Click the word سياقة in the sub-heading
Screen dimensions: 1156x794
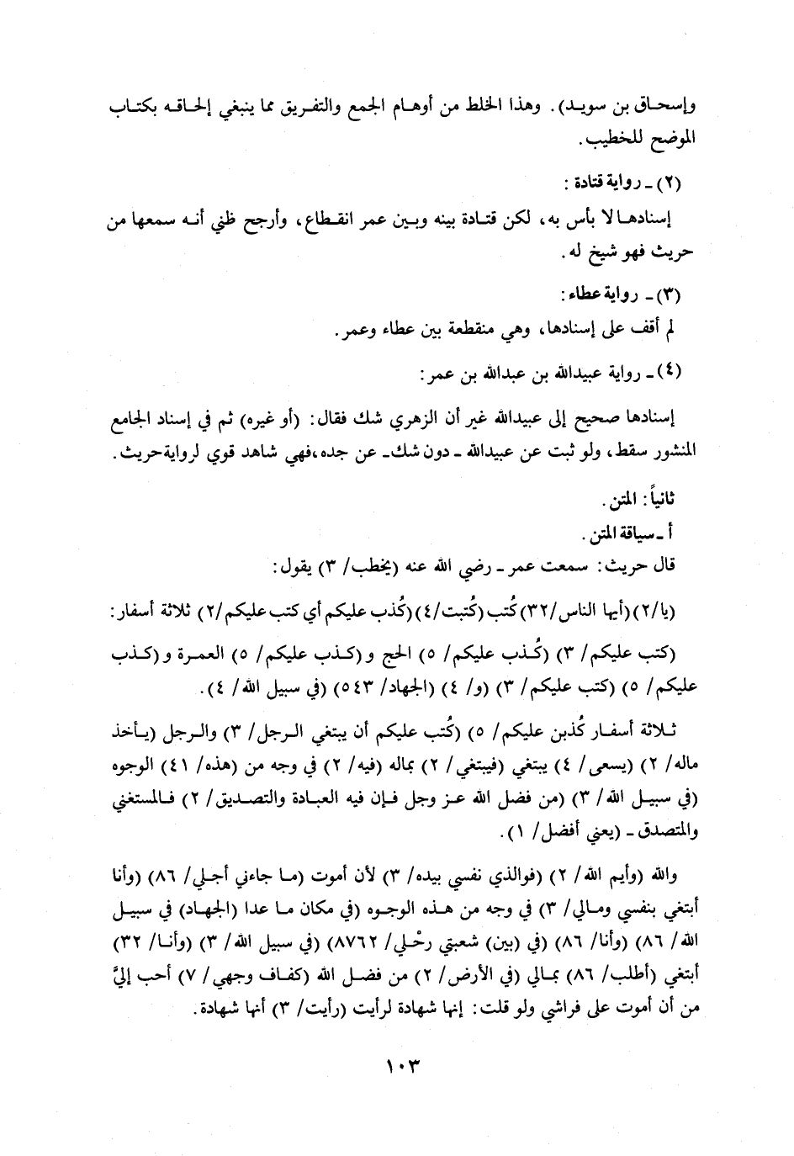coord(638,533)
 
